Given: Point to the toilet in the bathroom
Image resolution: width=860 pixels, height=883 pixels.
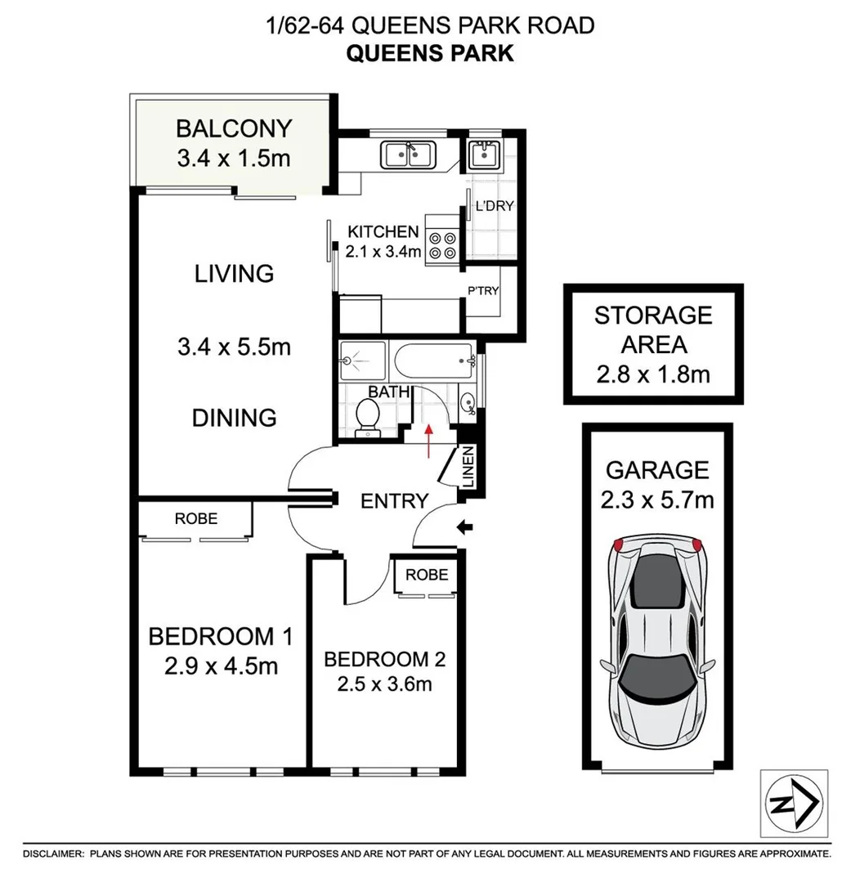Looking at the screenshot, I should pyautogui.click(x=368, y=415).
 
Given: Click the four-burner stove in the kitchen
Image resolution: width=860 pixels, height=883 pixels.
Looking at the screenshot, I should pyautogui.click(x=442, y=244).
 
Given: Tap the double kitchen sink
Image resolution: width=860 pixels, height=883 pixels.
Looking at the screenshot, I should pyautogui.click(x=408, y=154).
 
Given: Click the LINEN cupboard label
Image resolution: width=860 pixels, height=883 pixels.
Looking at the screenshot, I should pyautogui.click(x=468, y=468).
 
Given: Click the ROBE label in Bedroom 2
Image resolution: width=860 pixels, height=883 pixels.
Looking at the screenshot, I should pyautogui.click(x=426, y=575).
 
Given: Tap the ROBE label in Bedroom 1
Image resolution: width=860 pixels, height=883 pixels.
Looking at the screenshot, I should pyautogui.click(x=196, y=518).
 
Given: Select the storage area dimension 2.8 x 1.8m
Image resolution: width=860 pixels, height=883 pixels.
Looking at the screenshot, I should pyautogui.click(x=652, y=375).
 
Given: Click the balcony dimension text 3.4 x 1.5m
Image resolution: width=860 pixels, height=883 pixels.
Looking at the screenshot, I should pyautogui.click(x=233, y=157).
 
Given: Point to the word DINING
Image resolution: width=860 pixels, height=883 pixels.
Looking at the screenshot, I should pyautogui.click(x=234, y=418).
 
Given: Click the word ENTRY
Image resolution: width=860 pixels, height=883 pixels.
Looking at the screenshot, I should pyautogui.click(x=395, y=500).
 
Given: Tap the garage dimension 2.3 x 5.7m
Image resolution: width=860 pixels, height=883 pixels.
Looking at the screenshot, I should pyautogui.click(x=658, y=499).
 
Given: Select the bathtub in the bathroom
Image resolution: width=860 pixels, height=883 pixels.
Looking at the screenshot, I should pyautogui.click(x=432, y=358).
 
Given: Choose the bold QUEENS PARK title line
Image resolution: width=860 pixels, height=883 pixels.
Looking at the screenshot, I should pyautogui.click(x=430, y=53).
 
